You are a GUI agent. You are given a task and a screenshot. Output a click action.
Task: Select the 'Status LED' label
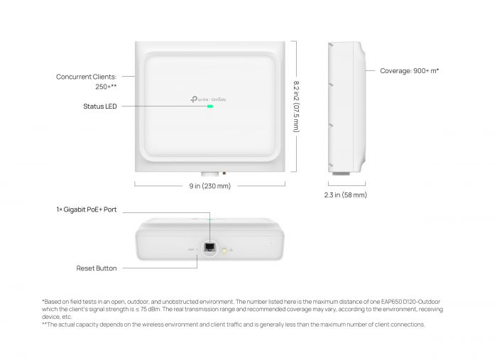coord(100,107)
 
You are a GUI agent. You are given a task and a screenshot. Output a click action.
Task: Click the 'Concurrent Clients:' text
coord(87,77)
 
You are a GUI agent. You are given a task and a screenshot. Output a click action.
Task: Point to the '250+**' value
coord(106,87)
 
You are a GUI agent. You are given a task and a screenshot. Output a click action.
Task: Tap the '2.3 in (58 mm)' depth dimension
coord(345,195)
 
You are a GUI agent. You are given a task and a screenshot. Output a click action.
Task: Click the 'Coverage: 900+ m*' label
coord(409,71)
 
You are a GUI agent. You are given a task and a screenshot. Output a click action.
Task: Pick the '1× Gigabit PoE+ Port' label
coord(87,210)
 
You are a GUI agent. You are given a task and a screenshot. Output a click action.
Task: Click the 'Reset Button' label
coord(97,268)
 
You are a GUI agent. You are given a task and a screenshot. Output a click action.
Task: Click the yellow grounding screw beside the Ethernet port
coord(224,250)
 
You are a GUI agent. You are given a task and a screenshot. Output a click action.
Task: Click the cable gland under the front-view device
coord(209,174)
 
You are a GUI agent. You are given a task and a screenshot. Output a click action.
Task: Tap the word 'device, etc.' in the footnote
coord(57,317)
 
